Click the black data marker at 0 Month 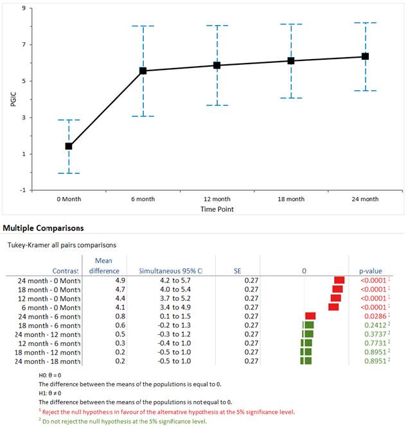69,146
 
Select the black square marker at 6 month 143,71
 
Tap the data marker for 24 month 365,56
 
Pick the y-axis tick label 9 24,8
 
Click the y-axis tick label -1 22,191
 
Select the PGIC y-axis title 13,99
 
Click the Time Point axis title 216,210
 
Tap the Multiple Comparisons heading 44,228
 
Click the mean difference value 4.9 111,280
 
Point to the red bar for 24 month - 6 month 310,316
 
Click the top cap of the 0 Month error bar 69,120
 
